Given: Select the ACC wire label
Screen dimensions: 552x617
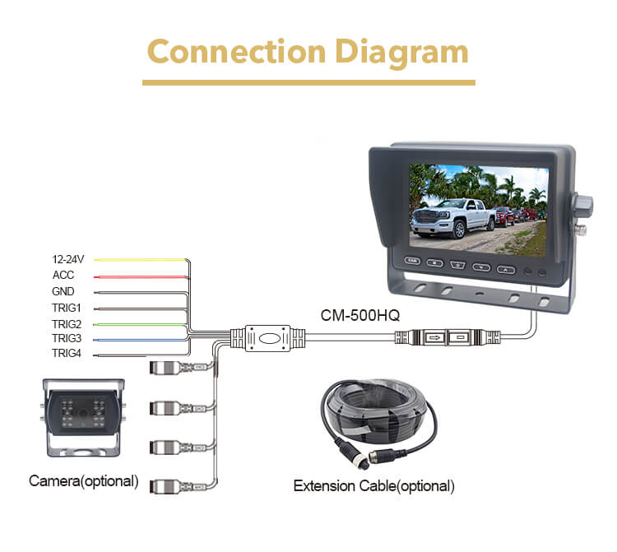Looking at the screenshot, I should (63, 276).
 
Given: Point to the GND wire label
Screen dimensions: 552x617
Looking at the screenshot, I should (63, 291).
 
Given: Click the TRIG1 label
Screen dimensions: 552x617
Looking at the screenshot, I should (67, 307).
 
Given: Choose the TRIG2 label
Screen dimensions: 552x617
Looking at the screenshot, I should (67, 322).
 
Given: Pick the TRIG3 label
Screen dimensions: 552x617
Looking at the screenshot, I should (67, 338).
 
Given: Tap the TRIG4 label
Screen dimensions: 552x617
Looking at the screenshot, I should (67, 354).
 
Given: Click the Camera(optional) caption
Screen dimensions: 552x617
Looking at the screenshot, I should (84, 480).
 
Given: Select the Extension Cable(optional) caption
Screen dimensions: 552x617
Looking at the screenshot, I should (373, 486).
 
